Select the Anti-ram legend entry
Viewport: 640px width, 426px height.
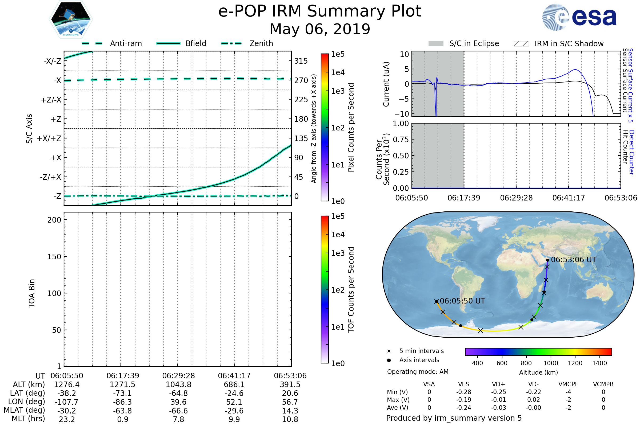click(126, 43)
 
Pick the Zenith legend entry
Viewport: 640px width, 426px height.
click(261, 43)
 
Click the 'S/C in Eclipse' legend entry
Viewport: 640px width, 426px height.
click(474, 43)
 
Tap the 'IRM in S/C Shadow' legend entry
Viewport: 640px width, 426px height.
click(569, 44)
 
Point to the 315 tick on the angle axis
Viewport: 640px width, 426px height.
click(301, 61)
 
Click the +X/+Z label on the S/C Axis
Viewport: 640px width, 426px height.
click(49, 138)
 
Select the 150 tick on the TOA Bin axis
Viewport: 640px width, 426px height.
click(54, 256)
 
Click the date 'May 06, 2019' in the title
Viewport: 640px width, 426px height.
click(320, 29)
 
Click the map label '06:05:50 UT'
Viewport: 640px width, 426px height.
click(462, 301)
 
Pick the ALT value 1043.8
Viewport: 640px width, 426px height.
click(178, 385)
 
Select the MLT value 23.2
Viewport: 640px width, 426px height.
click(67, 419)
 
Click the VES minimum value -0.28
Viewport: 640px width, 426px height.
click(464, 392)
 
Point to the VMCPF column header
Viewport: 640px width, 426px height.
click(568, 384)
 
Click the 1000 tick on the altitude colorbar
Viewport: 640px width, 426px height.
click(550, 363)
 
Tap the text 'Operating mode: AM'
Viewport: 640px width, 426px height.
click(418, 372)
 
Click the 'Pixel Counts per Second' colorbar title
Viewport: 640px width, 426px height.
click(351, 128)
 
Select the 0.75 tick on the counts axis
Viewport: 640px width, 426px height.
click(401, 139)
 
